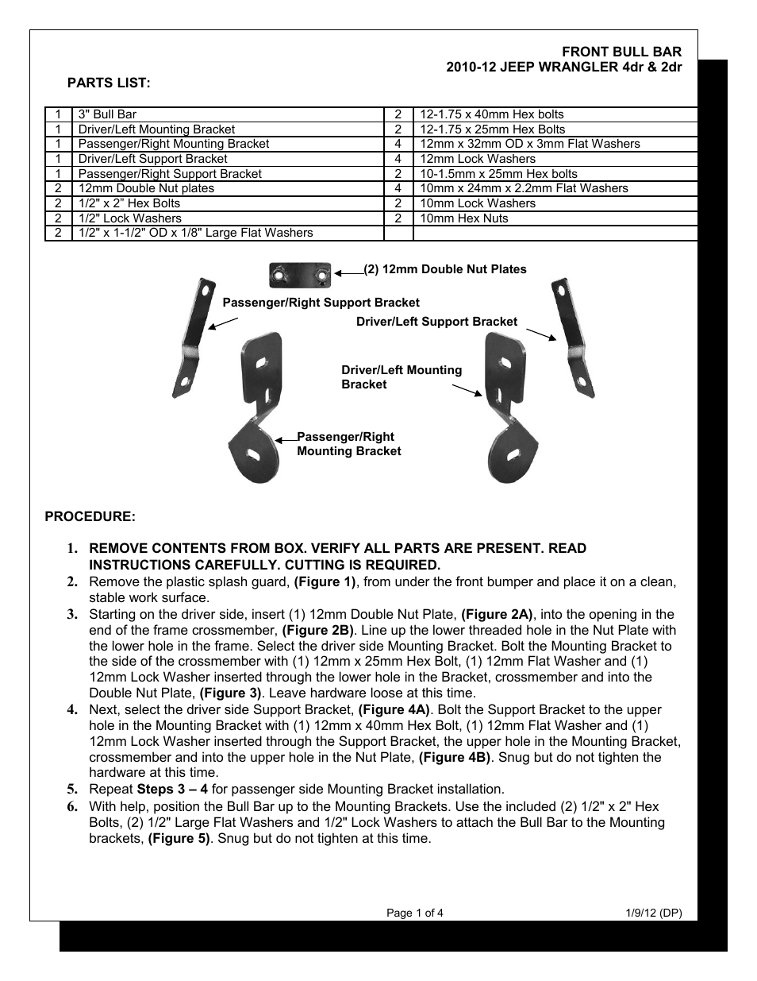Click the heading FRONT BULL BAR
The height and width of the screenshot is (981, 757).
pos(621,52)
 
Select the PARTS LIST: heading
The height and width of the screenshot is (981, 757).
pos(109,83)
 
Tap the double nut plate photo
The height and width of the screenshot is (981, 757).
pos(299,275)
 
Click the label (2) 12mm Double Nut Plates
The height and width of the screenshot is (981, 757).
pos(445,269)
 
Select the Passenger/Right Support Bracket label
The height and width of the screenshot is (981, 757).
pos(321,303)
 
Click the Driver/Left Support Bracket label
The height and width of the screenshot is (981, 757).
pos(436,322)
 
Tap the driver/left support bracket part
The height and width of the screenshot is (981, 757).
pos(573,337)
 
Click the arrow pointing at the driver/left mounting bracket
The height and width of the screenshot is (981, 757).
pos(467,390)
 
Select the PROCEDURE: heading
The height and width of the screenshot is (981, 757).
pos(90,516)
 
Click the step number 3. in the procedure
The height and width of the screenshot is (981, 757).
pos(72,614)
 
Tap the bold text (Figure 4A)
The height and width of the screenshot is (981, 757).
pos(394,709)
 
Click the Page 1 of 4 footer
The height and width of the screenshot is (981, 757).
pos(414,913)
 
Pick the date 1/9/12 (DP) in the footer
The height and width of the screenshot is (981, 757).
pos(653,913)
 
